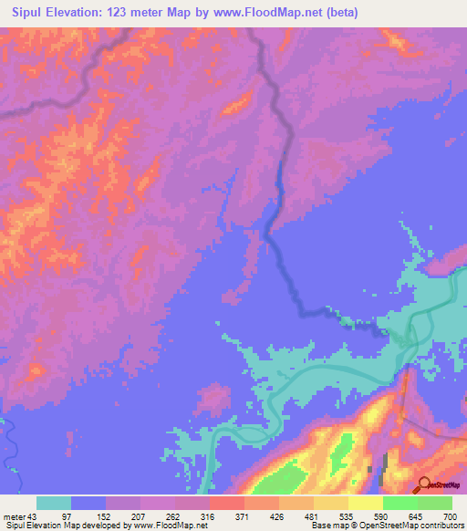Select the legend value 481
pos(313,515)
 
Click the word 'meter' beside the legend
pos(13,515)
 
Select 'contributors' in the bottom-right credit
pos(441,526)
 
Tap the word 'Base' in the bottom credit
pos(320,526)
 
